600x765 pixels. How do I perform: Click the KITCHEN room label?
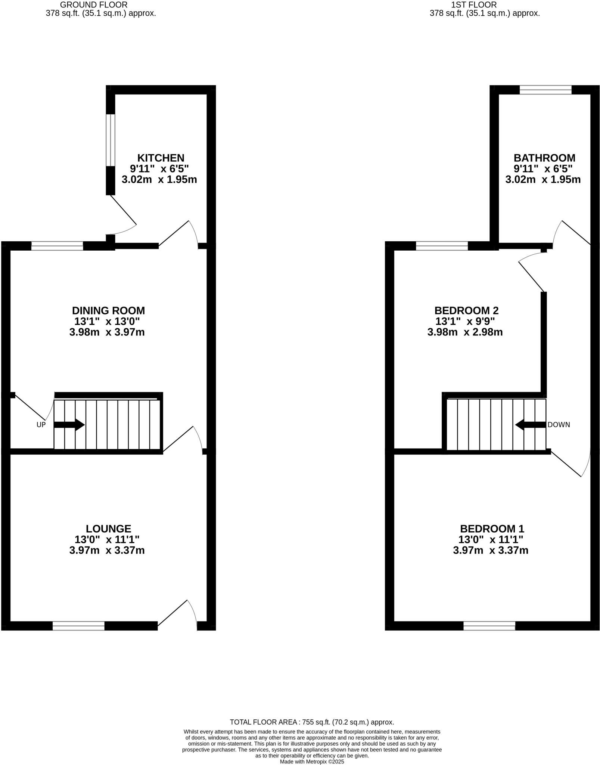click(161, 158)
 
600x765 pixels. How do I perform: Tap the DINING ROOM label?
click(108, 310)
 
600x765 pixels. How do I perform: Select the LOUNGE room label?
click(108, 529)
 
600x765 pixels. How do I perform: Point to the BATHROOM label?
click(544, 158)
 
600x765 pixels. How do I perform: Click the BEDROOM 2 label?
click(466, 310)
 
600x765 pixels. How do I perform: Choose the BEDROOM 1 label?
click(492, 529)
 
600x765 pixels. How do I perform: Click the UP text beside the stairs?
click(41, 425)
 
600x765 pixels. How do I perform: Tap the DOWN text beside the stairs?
click(559, 425)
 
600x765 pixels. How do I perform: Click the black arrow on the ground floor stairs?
click(69, 425)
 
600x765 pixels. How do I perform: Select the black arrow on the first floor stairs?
click(530, 425)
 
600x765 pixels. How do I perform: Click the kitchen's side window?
click(111, 140)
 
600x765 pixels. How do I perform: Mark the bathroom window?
click(545, 90)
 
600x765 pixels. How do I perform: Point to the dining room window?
click(57, 246)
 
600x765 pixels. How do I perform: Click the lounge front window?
click(78, 626)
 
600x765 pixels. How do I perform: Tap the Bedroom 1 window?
click(489, 626)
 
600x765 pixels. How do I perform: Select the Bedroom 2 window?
click(442, 246)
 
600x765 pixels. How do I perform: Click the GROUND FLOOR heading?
click(93, 5)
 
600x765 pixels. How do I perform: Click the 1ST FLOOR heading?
click(474, 5)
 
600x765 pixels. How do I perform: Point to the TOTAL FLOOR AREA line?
click(312, 722)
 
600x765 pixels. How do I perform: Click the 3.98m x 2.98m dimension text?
click(465, 332)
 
